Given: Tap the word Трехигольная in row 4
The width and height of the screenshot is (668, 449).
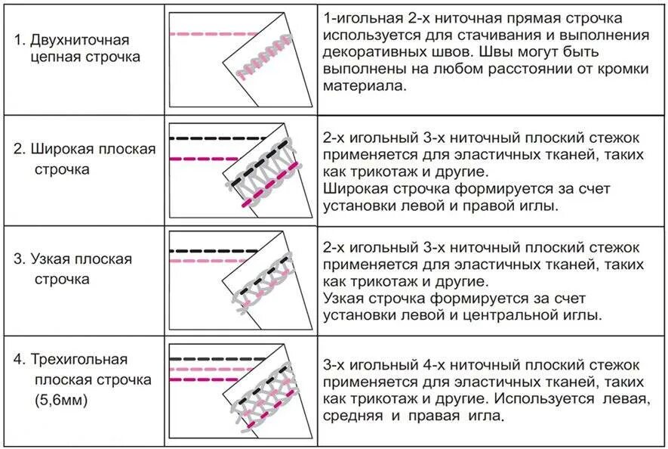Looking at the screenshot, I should click(x=79, y=359).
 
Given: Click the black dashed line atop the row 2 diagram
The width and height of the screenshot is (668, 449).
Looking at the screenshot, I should click(x=219, y=138).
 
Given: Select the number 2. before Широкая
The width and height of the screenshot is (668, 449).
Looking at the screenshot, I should click(x=20, y=149).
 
